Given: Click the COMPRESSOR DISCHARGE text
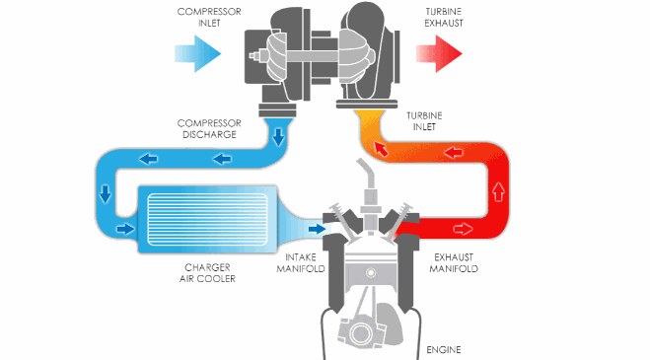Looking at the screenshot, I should (209, 129).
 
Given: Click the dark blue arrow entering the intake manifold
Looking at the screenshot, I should (316, 229).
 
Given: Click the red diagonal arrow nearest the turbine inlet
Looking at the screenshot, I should (379, 149).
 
